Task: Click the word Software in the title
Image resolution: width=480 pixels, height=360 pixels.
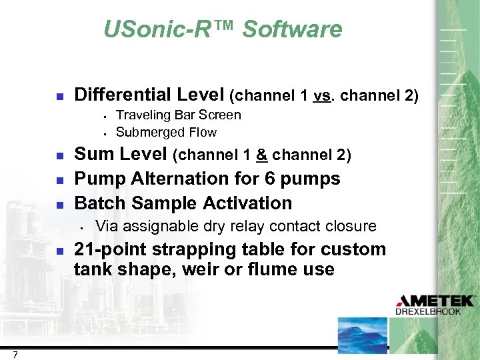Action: pyautogui.click(x=292, y=29)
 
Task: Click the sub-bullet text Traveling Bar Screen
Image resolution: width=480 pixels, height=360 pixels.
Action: pyautogui.click(x=178, y=115)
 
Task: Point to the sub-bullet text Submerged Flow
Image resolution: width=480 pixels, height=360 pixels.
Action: pyautogui.click(x=166, y=132)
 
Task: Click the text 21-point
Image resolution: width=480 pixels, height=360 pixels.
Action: pyautogui.click(x=110, y=249)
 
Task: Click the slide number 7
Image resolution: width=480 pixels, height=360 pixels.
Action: pyautogui.click(x=15, y=354)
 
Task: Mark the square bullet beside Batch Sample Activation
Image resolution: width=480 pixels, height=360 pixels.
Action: pyautogui.click(x=59, y=204)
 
